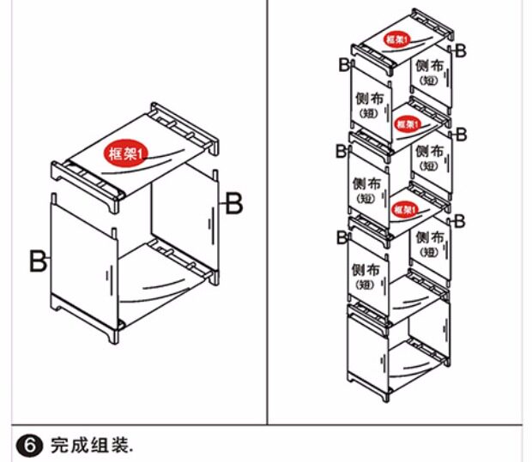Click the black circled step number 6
coord(28,445)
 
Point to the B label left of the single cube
coord(38,261)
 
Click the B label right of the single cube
coord(233,203)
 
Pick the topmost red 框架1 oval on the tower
coord(396,39)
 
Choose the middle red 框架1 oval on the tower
coord(407,124)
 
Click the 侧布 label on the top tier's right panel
coord(429,70)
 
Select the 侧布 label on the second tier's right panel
coord(429,156)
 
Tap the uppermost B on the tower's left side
coord(343,65)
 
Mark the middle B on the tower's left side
coord(341,152)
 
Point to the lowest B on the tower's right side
coord(459,221)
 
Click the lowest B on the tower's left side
coord(342,235)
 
